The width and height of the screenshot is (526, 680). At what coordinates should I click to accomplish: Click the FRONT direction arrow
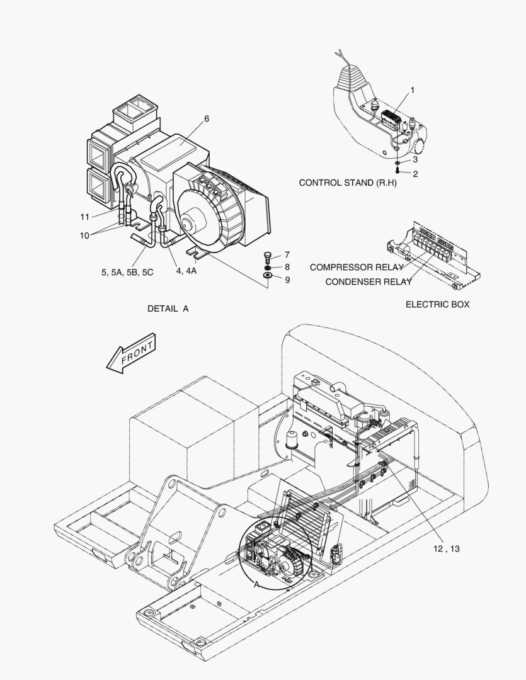[131, 354]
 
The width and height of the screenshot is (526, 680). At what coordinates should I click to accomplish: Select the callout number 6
[207, 118]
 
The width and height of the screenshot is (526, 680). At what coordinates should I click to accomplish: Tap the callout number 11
[85, 217]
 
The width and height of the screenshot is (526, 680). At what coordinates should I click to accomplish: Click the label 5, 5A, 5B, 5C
[127, 271]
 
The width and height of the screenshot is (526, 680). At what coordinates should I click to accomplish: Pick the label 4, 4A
[186, 271]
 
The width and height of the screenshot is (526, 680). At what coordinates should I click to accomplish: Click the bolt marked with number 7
[268, 256]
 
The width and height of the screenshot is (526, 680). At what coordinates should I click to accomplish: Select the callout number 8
[287, 267]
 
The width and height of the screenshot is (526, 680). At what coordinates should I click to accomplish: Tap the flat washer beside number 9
[268, 275]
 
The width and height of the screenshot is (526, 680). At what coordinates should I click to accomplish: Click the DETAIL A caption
[168, 309]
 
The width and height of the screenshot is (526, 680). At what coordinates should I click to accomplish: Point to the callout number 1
[413, 90]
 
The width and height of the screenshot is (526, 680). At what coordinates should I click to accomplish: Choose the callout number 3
[415, 160]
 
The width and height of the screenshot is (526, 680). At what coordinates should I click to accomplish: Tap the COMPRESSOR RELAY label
[356, 268]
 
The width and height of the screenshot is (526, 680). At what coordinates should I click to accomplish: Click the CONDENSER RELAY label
[368, 282]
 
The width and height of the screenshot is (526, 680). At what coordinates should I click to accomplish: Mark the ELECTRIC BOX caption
[437, 304]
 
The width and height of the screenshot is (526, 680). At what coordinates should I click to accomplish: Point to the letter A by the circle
[256, 584]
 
